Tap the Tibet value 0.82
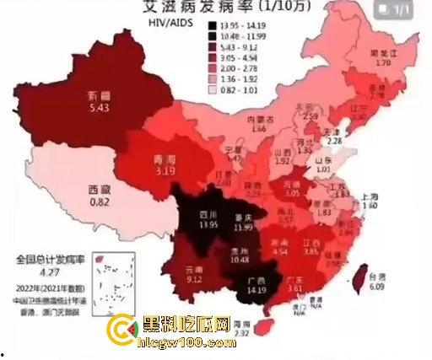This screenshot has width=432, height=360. (100, 202)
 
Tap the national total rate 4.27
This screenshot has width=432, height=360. (43, 272)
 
